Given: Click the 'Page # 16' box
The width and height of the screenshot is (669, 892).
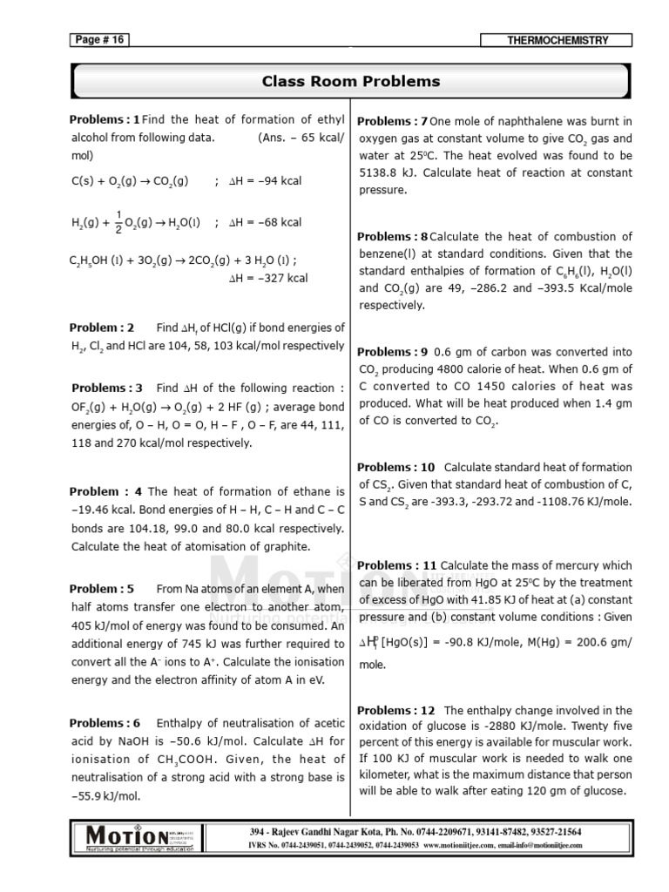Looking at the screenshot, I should point(98,40).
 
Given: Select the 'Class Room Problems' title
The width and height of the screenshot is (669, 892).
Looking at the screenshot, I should point(351,82).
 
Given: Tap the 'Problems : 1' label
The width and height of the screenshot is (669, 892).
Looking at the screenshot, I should point(105,120).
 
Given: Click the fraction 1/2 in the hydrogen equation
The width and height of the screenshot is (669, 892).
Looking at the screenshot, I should point(118,222).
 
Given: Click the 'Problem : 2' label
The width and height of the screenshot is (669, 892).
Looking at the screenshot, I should point(102,328).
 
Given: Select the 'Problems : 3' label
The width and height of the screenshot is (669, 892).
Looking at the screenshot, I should point(106,388).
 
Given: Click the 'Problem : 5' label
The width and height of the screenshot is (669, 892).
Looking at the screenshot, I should point(102,589).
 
